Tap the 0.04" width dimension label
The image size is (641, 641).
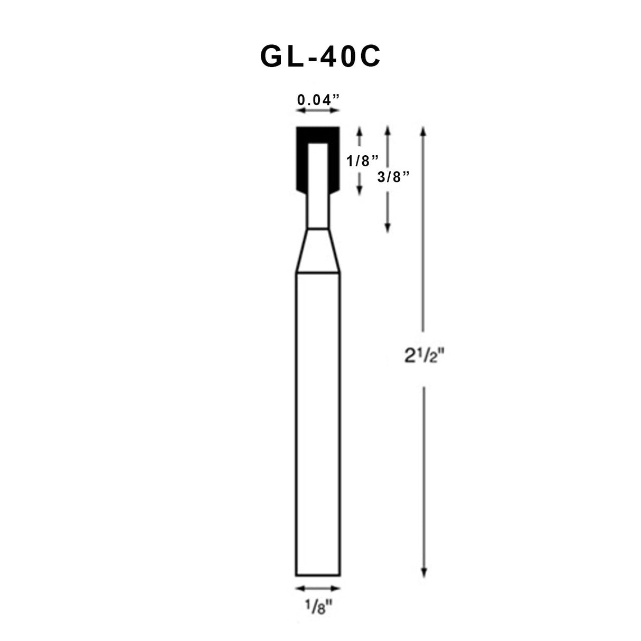[317, 99]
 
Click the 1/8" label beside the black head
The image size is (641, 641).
[363, 161]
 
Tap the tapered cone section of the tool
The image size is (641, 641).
[317, 251]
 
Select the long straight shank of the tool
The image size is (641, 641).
[317, 422]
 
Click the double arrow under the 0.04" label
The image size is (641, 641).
[317, 111]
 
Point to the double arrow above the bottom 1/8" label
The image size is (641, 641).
[317, 588]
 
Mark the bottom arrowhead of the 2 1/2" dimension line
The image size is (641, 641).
[422, 572]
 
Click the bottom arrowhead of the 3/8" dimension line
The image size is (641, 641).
[388, 228]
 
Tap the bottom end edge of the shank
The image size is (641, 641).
[317, 575]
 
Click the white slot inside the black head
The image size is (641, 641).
[317, 169]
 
